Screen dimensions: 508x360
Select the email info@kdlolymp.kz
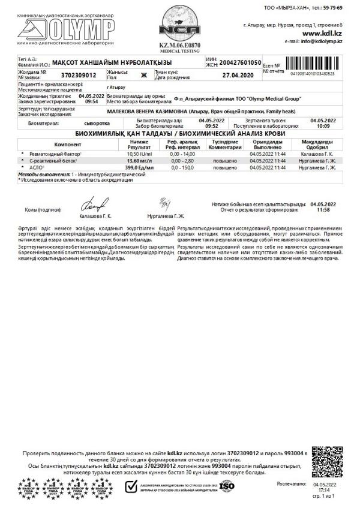(322, 41)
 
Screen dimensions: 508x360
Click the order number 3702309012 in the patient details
(79, 76)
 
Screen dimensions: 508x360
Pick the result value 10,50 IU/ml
(139, 154)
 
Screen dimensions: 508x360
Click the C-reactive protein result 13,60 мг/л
(139, 161)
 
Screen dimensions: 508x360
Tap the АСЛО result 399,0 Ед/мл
(139, 169)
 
